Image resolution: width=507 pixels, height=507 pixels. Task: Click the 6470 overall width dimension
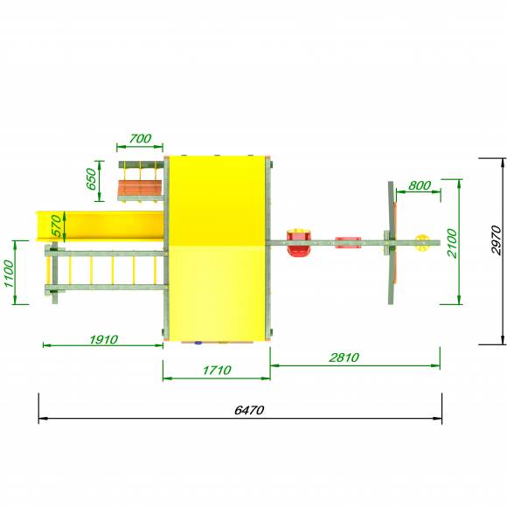click(249, 410)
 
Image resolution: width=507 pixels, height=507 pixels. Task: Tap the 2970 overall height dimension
click(496, 240)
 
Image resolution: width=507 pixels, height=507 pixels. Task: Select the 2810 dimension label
click(344, 358)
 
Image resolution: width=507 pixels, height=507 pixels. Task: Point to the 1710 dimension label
click(217, 370)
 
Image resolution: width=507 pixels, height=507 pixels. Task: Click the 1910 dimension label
click(103, 339)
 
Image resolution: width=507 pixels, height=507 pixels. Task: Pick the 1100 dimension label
click(9, 274)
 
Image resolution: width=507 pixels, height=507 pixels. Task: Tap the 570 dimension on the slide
click(56, 226)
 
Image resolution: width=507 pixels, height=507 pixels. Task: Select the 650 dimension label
click(91, 179)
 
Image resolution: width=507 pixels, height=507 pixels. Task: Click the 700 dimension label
click(140, 138)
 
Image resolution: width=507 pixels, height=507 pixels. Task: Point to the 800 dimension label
click(420, 185)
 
